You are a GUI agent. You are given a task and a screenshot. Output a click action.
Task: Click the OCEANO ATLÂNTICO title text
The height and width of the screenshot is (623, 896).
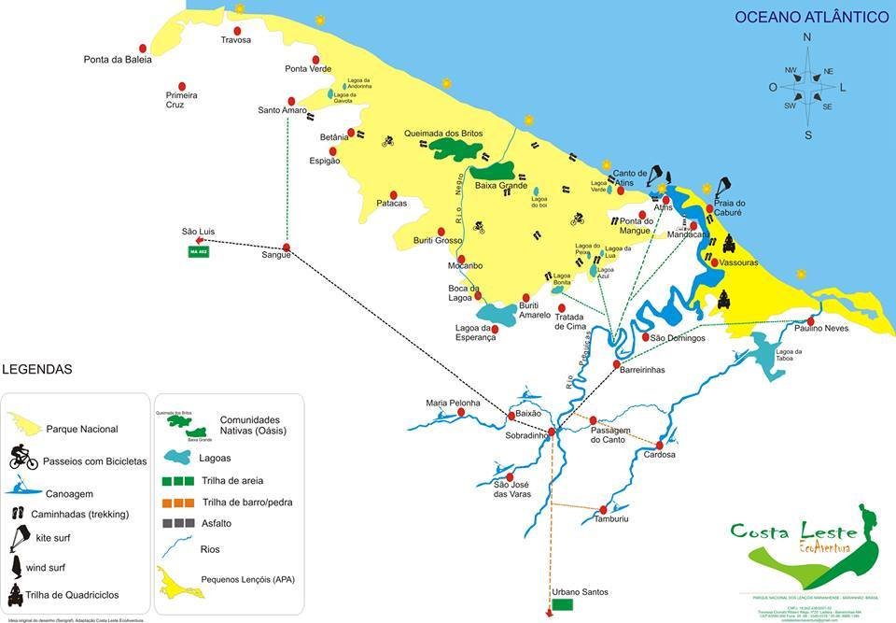pyautogui.click(x=811, y=17)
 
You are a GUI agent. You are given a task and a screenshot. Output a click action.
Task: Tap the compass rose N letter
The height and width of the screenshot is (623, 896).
pyautogui.click(x=807, y=38)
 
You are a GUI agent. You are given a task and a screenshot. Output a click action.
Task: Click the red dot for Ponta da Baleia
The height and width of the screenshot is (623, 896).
pyautogui.click(x=143, y=48)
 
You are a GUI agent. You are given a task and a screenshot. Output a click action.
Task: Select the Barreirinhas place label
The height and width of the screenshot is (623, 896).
pyautogui.click(x=642, y=370)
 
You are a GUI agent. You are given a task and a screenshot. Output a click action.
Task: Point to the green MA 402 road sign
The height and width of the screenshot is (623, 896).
pyautogui.click(x=199, y=252)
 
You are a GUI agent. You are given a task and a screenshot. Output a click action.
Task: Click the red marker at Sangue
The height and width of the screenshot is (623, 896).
pyautogui.click(x=287, y=248)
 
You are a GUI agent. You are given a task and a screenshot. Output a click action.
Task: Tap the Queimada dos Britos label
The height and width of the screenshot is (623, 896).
pyautogui.click(x=443, y=134)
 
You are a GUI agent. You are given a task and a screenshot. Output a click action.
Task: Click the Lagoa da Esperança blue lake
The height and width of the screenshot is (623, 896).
pyautogui.click(x=496, y=313)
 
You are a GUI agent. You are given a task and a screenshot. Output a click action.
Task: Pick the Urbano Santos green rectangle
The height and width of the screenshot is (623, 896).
pyautogui.click(x=562, y=605)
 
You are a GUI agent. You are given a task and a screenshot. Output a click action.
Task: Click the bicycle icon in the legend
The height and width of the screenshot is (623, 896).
pyautogui.click(x=23, y=458)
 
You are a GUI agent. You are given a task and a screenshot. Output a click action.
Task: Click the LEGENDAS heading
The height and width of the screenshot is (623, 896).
pyautogui.click(x=37, y=369)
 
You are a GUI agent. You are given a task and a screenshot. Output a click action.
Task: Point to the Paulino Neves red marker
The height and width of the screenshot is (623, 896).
pyautogui.click(x=811, y=320)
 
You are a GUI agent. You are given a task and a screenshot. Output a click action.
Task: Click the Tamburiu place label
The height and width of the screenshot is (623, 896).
pyautogui.click(x=611, y=519)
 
